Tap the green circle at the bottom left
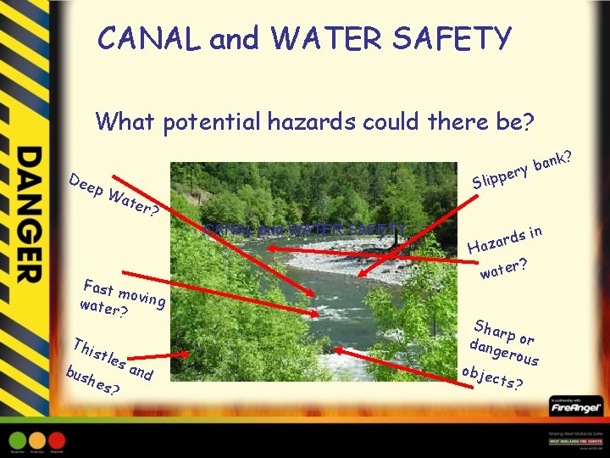(18, 441)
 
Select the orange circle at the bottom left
(37, 441)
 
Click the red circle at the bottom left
(57, 441)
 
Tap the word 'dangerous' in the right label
(505, 354)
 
